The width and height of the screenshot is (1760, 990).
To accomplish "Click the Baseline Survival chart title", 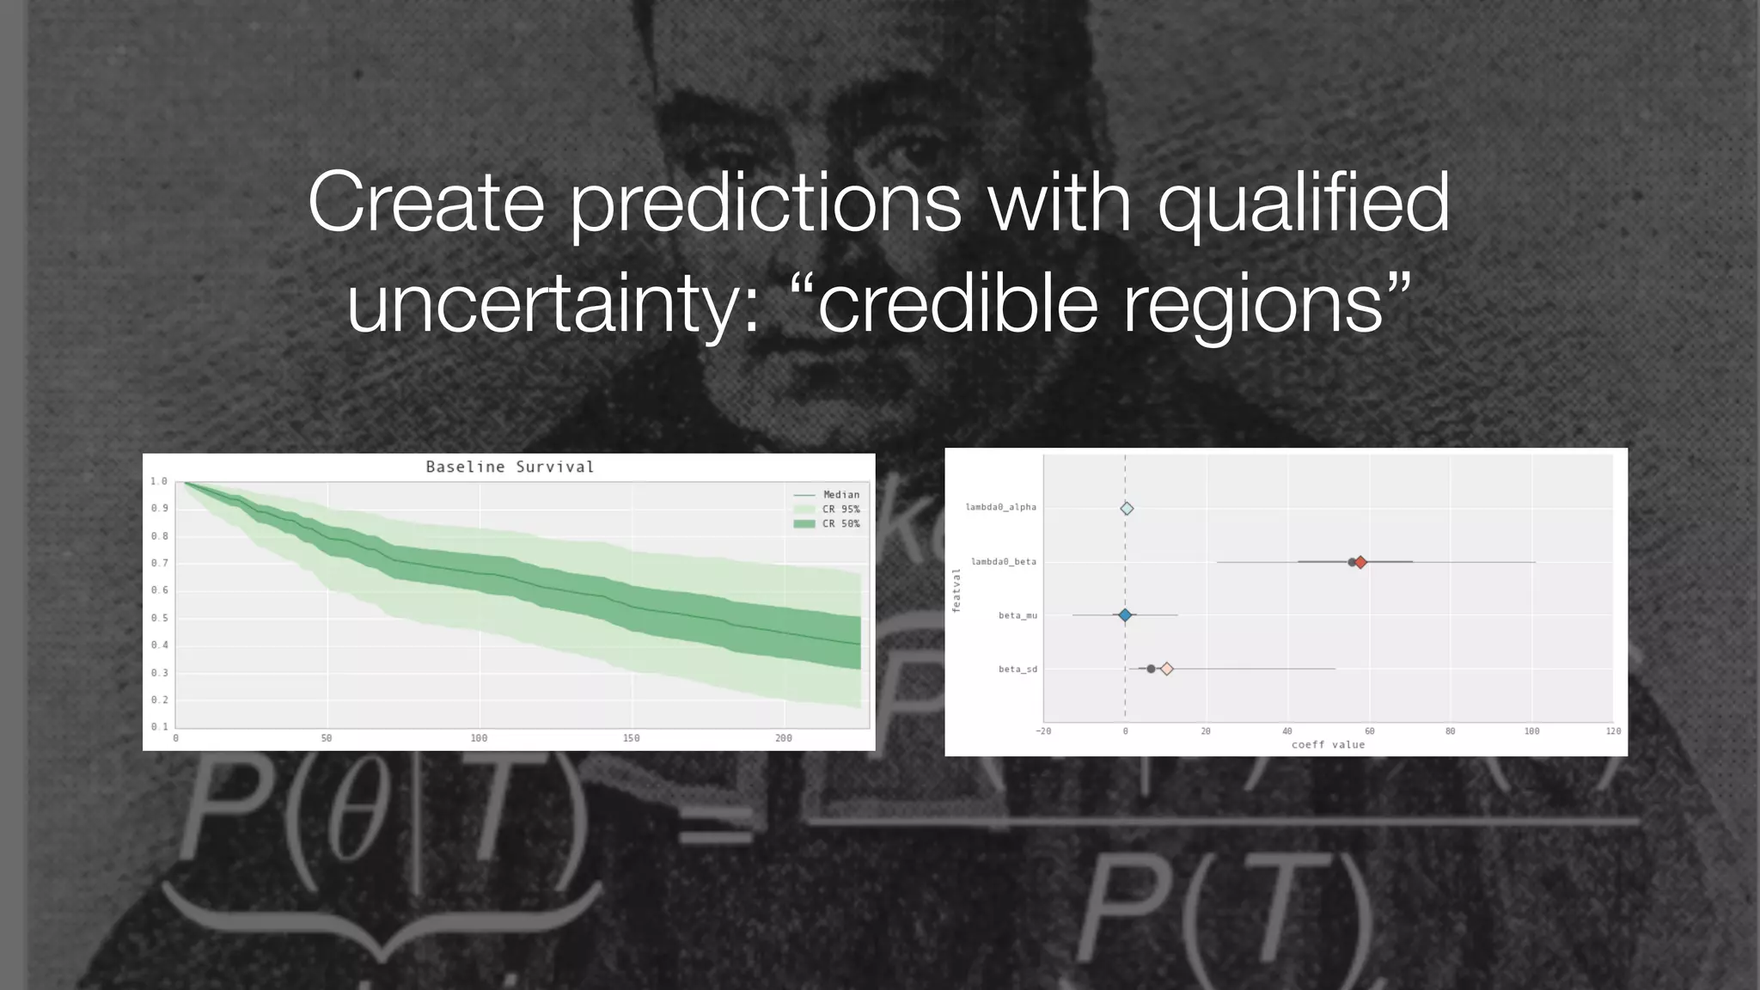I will coord(510,467).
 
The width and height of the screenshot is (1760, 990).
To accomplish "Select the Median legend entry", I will coord(840,494).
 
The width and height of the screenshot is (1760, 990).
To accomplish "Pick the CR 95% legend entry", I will coord(840,509).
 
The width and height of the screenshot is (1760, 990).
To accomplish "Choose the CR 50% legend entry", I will coord(840,523).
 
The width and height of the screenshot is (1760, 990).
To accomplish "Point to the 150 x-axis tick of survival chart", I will coord(631,738).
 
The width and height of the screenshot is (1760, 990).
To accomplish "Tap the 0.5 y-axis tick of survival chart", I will coord(159,618).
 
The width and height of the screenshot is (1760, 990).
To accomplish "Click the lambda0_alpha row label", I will coord(1000,507).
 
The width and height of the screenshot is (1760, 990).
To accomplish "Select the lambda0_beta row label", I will coord(1003,561).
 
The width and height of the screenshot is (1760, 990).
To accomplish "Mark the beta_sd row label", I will coord(1017,669).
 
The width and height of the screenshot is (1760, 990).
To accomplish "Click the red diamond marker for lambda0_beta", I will coord(1360,562).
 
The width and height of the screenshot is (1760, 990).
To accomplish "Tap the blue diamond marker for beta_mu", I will coord(1125,614).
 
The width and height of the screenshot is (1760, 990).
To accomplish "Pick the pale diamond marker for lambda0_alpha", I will coord(1127,509).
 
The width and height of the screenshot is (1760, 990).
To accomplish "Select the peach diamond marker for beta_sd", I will coord(1166,669).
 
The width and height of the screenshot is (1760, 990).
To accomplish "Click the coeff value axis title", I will coord(1328,744).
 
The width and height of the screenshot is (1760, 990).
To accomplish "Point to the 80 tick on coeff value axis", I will coord(1450,731).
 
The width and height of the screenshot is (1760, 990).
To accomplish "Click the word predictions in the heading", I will coord(766,203).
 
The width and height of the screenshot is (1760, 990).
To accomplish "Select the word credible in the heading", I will coord(958,304).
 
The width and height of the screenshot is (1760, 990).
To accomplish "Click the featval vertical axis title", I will coord(956,590).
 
